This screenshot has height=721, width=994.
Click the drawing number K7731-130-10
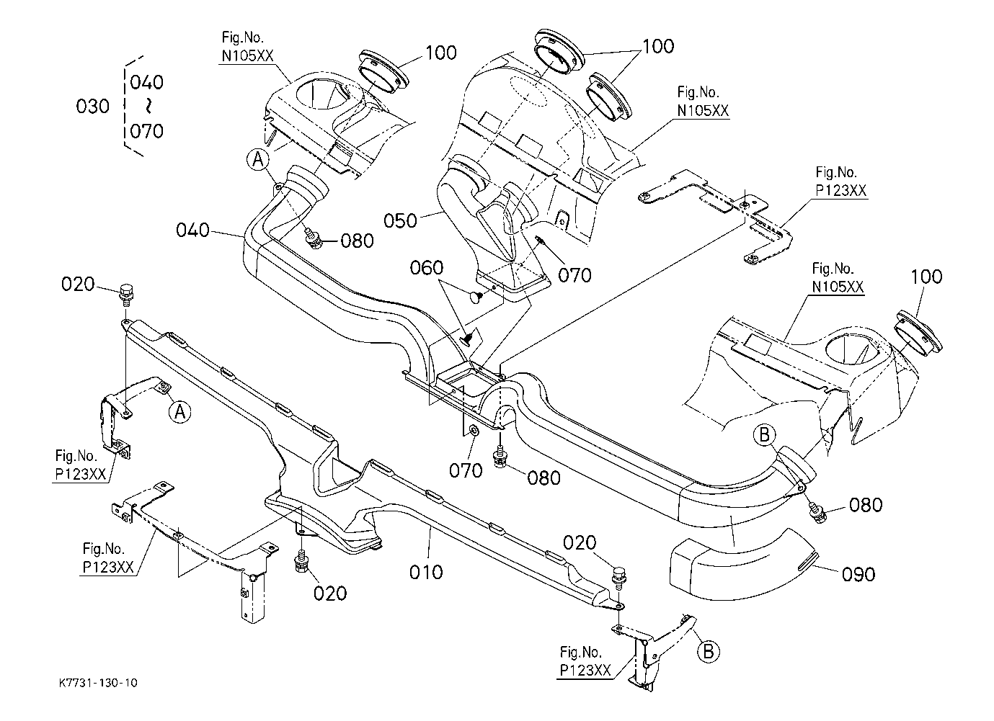pyautogui.click(x=99, y=682)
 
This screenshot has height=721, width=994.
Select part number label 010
pyautogui.click(x=426, y=573)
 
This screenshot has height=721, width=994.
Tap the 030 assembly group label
pyautogui.click(x=92, y=107)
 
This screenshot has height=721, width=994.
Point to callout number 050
pyautogui.click(x=400, y=221)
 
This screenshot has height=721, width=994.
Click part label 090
pyautogui.click(x=858, y=575)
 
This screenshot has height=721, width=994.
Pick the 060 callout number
pyautogui.click(x=427, y=268)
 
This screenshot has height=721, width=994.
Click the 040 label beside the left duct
pyautogui.click(x=192, y=230)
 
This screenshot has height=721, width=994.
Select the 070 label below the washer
pyautogui.click(x=466, y=470)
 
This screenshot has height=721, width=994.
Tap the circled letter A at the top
pyautogui.click(x=258, y=159)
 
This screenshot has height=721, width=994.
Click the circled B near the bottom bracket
pyautogui.click(x=709, y=651)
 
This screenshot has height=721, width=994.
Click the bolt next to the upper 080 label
pyautogui.click(x=314, y=240)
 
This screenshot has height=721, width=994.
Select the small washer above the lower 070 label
pyautogui.click(x=473, y=429)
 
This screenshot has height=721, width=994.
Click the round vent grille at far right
pyautogui.click(x=919, y=333)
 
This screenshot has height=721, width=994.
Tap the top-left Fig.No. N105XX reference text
pyautogui.click(x=248, y=47)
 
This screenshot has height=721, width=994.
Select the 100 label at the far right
pyautogui.click(x=926, y=277)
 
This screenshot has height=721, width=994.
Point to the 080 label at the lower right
pyautogui.click(x=866, y=506)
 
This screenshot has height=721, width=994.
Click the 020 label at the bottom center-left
pyautogui.click(x=329, y=594)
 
